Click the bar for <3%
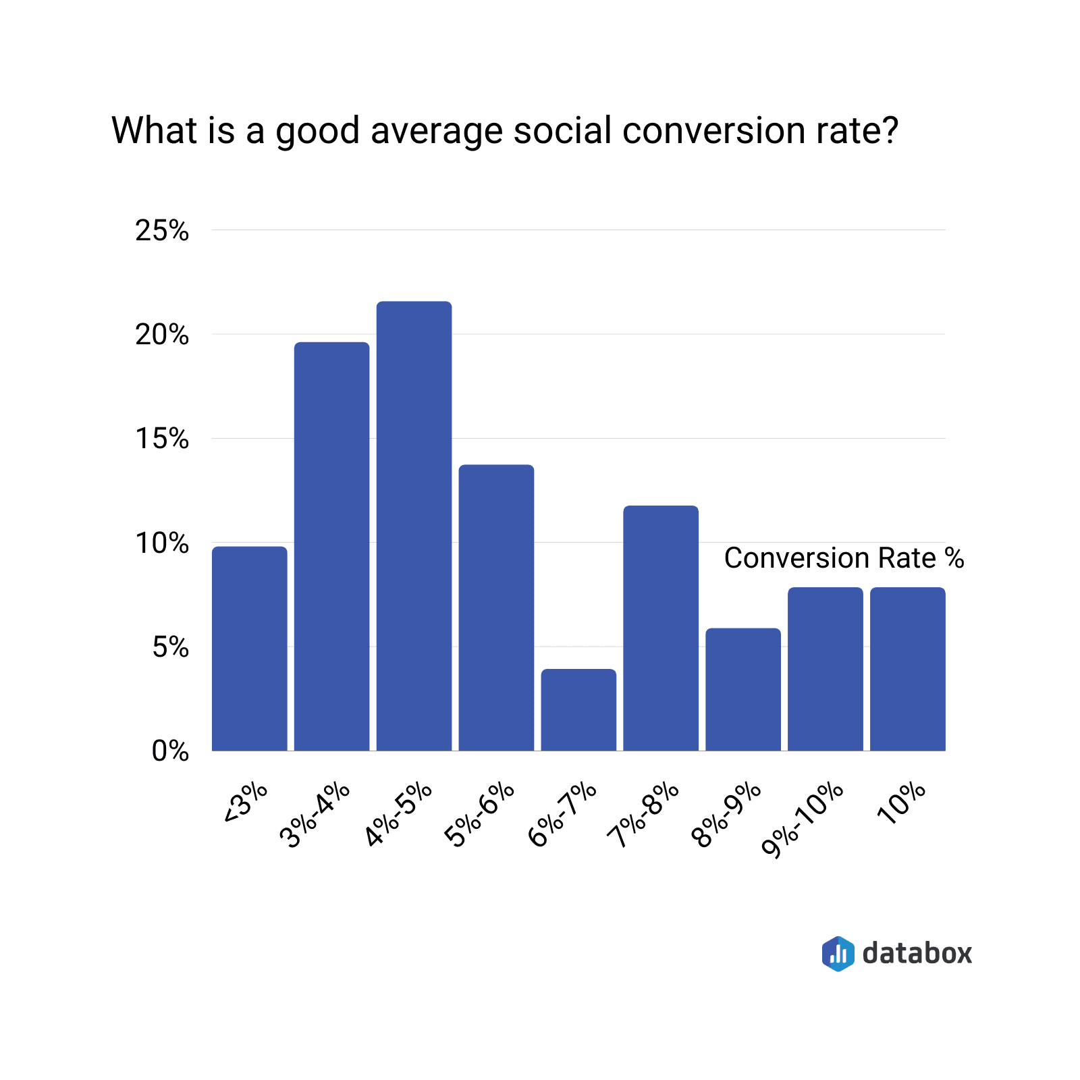click(x=249, y=648)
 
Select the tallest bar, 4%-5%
click(x=414, y=526)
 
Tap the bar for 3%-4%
click(x=331, y=546)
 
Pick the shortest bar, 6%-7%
click(x=578, y=709)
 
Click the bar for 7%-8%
click(x=661, y=628)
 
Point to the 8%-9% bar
click(x=743, y=689)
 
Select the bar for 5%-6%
click(x=496, y=607)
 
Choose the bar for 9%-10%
click(x=825, y=669)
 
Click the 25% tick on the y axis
click(x=162, y=231)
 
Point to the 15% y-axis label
click(x=162, y=439)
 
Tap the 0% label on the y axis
click(x=170, y=751)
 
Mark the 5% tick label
click(x=170, y=647)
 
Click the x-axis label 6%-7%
click(x=562, y=815)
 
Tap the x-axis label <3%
click(x=246, y=803)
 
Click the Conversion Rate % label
click(x=844, y=558)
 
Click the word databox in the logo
click(x=917, y=953)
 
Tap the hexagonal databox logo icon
click(x=838, y=954)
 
